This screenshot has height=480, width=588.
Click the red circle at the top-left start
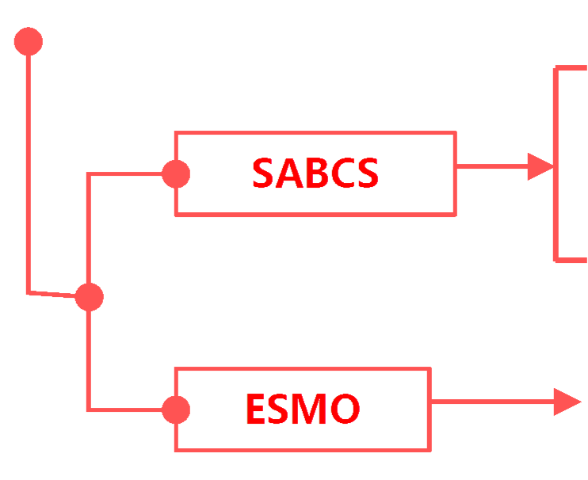click(28, 42)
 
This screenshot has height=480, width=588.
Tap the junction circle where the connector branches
click(89, 298)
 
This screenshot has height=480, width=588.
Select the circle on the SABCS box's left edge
click(175, 174)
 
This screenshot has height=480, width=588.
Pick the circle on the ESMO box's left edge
click(175, 410)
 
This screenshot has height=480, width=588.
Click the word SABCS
click(315, 174)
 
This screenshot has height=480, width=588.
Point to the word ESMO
click(302, 410)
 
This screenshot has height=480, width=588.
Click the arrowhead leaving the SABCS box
click(540, 167)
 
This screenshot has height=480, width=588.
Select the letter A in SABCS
click(287, 174)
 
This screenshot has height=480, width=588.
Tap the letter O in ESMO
click(344, 410)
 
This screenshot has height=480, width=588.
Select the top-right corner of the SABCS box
click(455, 134)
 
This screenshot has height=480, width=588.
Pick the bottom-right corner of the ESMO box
click(430, 450)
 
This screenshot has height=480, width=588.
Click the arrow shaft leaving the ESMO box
click(491, 402)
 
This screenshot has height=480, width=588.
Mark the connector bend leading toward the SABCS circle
click(89, 176)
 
